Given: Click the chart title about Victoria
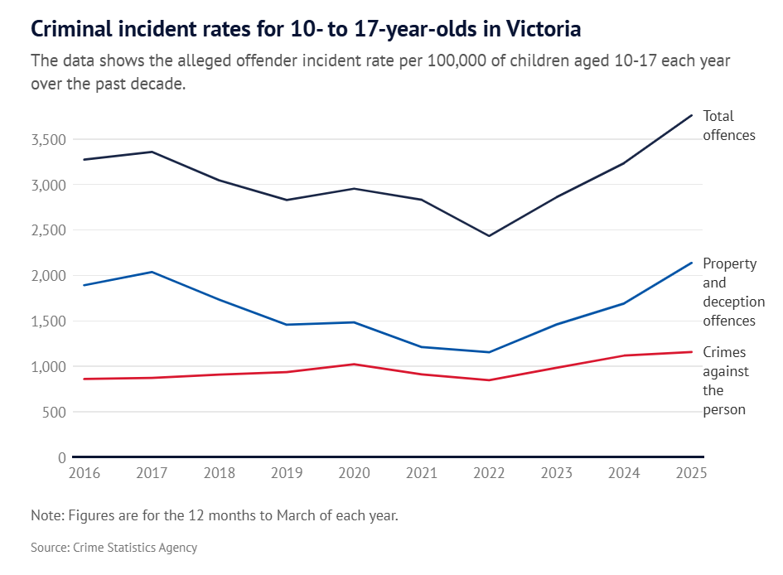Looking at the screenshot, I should tap(306, 30).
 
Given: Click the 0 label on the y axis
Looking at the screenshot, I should tap(61, 457).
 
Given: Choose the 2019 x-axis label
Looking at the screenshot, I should tap(287, 474).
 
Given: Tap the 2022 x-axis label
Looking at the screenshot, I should tap(489, 474).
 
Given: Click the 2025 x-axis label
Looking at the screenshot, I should tap(691, 474).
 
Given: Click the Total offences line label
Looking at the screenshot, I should tap(729, 125).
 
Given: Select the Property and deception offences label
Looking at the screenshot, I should tap(733, 292).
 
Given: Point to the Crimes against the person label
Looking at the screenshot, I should tap(726, 381).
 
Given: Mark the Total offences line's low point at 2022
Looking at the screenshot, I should tap(489, 236).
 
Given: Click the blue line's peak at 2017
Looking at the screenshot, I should tap(152, 272).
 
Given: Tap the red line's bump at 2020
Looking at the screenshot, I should tap(354, 364).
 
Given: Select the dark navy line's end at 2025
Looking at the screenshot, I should tap(692, 115).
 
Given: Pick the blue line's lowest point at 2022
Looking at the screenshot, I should tap(489, 352).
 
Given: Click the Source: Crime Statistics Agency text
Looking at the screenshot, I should tap(114, 548).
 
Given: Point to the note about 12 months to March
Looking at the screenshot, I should tap(215, 515).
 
